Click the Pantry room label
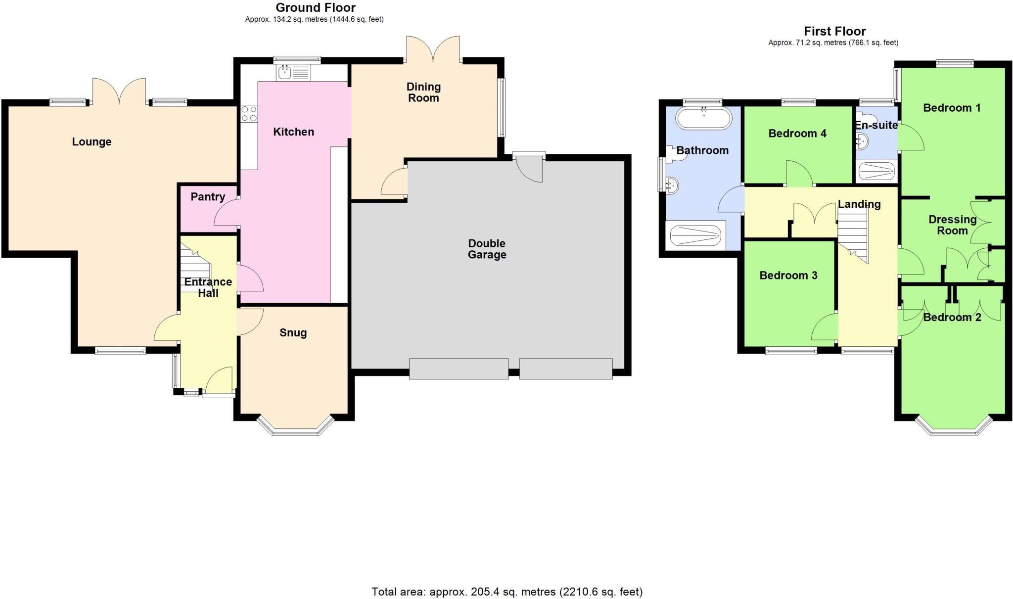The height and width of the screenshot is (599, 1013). (208, 197)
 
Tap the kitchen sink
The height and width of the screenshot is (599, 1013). (285, 73)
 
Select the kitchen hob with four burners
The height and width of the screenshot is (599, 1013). (249, 114)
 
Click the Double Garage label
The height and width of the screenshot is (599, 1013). (487, 249)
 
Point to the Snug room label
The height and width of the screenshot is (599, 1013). (293, 333)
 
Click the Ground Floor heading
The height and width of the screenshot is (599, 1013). (315, 7)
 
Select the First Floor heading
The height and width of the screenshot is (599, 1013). (834, 32)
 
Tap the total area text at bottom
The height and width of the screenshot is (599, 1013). (507, 592)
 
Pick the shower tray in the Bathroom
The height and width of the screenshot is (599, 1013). (695, 235)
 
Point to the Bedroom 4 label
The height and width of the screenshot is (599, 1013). (797, 134)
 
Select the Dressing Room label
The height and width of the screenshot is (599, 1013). (952, 225)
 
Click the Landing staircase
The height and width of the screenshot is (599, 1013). (853, 232)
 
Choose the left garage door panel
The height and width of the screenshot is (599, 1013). (459, 369)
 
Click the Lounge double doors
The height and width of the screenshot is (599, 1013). (119, 92)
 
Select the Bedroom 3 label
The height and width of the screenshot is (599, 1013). (788, 276)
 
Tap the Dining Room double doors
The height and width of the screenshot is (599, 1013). (433, 50)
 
